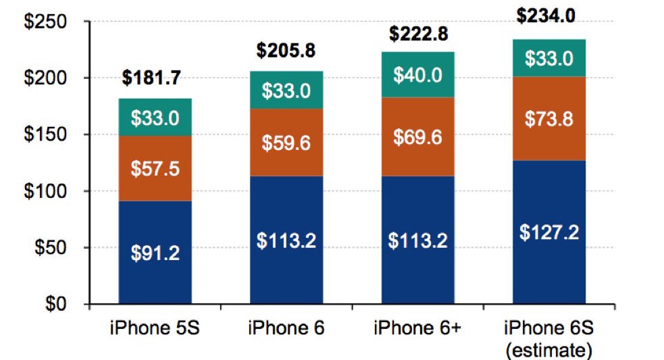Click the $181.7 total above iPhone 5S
tap(151, 78)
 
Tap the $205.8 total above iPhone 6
tap(286, 50)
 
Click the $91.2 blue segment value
tap(155, 254)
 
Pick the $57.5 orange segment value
tap(155, 168)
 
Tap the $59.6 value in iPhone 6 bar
tap(286, 145)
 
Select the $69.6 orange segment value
tap(418, 138)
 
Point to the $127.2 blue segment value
tap(549, 232)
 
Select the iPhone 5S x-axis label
tap(154, 329)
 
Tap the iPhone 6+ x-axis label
tap(416, 329)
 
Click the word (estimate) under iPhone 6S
tap(548, 350)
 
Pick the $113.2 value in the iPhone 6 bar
tap(286, 240)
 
